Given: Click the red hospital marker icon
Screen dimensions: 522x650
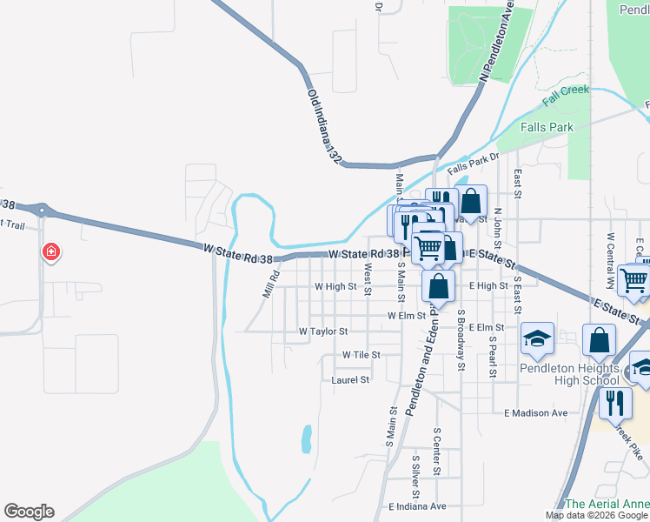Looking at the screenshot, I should pos(51,252).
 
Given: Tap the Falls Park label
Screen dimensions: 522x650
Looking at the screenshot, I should pos(547,127).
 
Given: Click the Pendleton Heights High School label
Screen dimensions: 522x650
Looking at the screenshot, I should pos(569,374).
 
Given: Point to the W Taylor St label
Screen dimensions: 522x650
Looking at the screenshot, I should pos(323,331).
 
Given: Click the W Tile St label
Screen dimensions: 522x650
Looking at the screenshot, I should pos(361,355).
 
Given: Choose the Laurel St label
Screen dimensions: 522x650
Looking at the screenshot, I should pos(351,380).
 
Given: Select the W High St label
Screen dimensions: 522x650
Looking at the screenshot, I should pos(335,286).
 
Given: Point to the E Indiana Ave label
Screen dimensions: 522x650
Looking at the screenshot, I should pos(417,506).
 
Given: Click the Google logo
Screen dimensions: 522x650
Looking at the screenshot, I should pos(29,512).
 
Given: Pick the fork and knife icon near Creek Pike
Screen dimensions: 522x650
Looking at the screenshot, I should pos(615,404).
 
